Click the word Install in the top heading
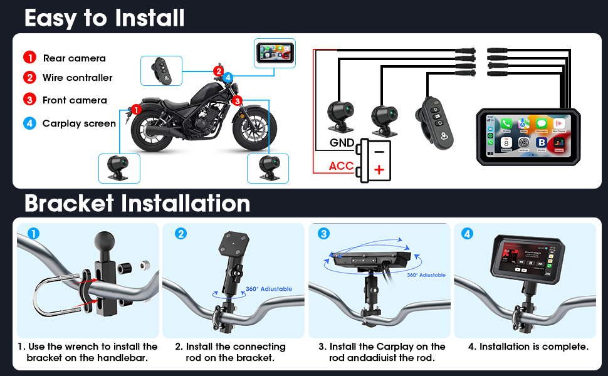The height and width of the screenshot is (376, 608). pyautogui.click(x=149, y=18)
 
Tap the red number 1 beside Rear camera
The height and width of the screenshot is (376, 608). pyautogui.click(x=29, y=58)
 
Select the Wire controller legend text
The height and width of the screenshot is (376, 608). pyautogui.click(x=77, y=78)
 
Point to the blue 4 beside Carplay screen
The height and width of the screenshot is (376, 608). pyautogui.click(x=29, y=123)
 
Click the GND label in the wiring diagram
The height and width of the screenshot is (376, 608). pyautogui.click(x=342, y=143)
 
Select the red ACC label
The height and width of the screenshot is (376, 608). pyautogui.click(x=342, y=167)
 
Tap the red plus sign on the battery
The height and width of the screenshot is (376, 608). pyautogui.click(x=379, y=169)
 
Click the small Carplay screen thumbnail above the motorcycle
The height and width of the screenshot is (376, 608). pyautogui.click(x=274, y=54)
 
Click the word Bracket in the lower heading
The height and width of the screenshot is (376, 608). pyautogui.click(x=70, y=204)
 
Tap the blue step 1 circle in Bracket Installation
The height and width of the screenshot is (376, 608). pyautogui.click(x=34, y=233)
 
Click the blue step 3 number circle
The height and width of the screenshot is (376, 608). pyautogui.click(x=323, y=234)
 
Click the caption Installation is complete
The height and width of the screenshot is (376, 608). pyautogui.click(x=527, y=346)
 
